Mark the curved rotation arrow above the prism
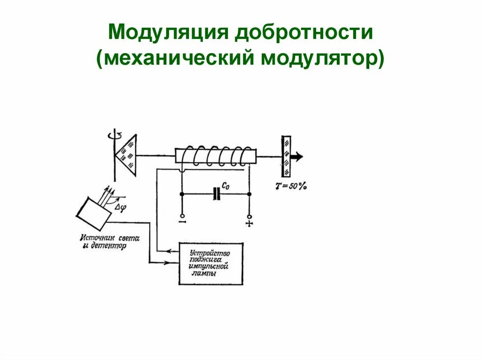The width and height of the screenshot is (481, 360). [114, 135]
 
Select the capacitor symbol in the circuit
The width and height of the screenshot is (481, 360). [217, 193]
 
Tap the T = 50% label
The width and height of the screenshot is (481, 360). [291, 186]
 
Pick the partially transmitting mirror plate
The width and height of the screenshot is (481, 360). [286, 156]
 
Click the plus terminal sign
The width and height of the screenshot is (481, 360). [249, 223]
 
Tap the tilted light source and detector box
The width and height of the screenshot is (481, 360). [94, 211]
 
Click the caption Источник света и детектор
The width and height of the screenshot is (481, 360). [109, 242]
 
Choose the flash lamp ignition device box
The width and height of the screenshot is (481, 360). [211, 264]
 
